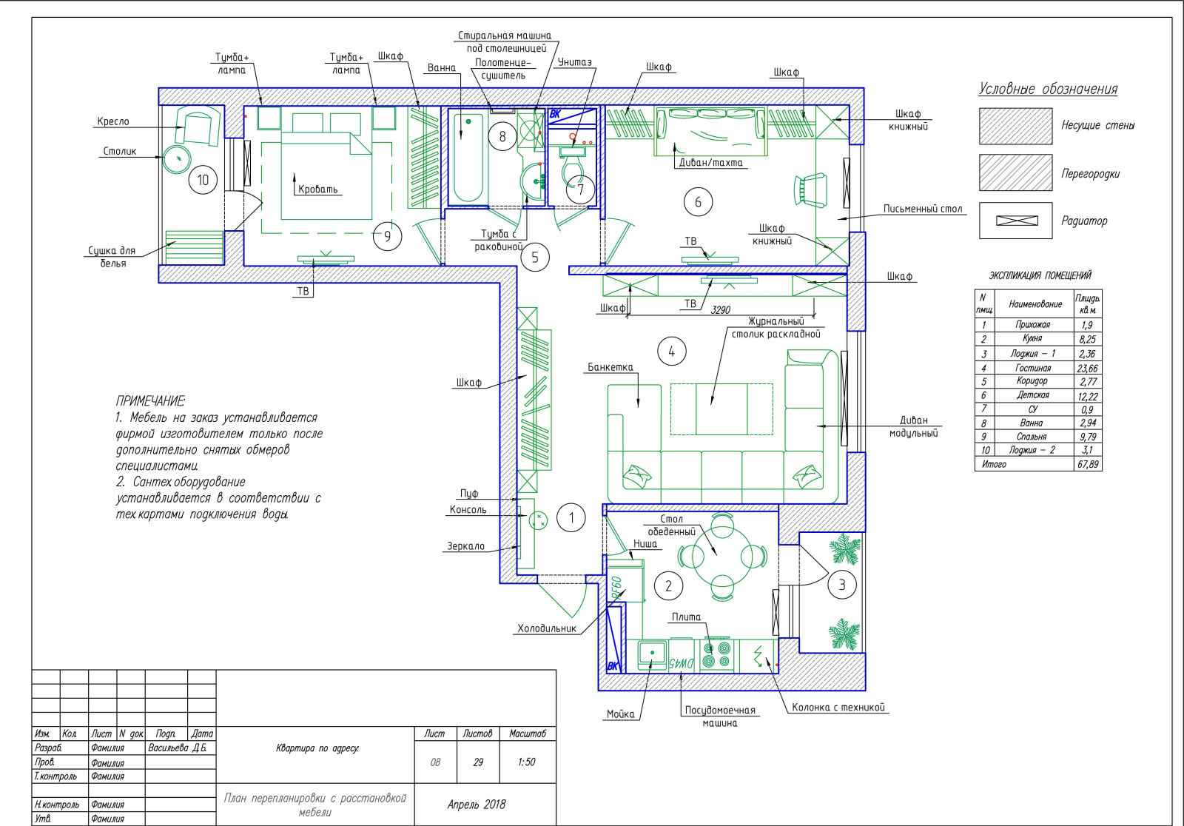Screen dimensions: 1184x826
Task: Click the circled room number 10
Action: pos(203,180)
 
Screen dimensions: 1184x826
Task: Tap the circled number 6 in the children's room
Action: pos(698,202)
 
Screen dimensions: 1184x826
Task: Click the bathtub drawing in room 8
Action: pos(468,158)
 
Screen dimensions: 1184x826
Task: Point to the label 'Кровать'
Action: pos(317,189)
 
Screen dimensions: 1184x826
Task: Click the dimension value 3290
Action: pos(721,310)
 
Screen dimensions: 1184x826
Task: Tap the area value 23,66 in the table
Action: pos(1087,368)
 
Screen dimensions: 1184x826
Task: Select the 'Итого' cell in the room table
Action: pos(994,464)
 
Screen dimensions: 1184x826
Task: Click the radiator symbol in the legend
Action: pos(1017,221)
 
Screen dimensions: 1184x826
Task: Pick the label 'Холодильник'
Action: pos(547,628)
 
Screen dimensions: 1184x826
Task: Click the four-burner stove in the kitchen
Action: pos(717,655)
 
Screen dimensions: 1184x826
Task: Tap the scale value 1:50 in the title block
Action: pos(526,762)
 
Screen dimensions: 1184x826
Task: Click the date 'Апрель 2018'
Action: pos(477,805)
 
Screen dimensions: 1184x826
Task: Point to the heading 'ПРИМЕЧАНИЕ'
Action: pos(150,401)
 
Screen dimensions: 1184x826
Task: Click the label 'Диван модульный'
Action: pos(913,426)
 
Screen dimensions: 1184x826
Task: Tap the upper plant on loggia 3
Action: pos(846,548)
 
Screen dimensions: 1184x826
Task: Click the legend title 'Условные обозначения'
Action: pos(1048,89)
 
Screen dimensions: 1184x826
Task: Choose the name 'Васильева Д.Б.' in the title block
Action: pos(178,748)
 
